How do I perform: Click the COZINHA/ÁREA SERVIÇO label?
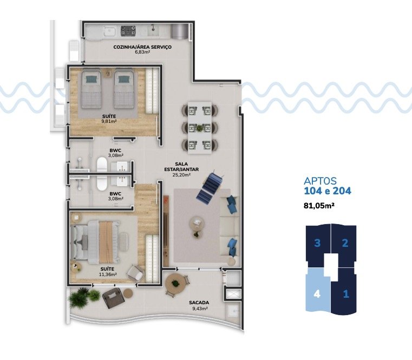[142, 47]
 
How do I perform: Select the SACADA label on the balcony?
[200, 303]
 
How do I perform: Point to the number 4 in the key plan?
[318, 295]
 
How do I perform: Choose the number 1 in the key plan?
[345, 295]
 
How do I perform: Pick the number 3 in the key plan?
[318, 243]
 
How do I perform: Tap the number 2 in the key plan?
[345, 243]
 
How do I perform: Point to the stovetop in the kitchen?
[129, 30]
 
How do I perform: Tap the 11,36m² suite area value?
[108, 274]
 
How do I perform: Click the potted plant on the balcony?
[81, 296]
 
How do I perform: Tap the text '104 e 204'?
[328, 191]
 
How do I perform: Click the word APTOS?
[321, 181]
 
